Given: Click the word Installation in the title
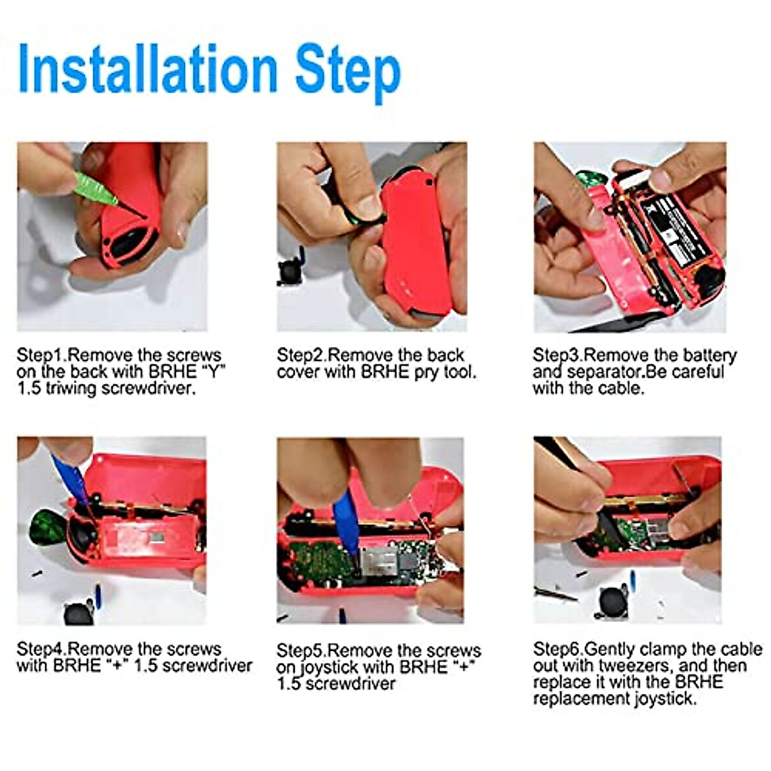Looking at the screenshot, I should (148, 69).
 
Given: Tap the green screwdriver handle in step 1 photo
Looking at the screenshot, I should (94, 188).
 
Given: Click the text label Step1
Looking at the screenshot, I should (41, 355).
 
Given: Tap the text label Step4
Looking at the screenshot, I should (41, 649).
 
